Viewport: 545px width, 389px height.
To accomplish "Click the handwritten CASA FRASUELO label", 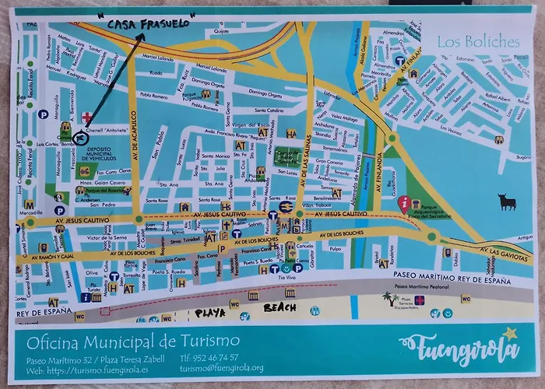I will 149,23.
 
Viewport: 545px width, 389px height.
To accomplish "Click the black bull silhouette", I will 508,203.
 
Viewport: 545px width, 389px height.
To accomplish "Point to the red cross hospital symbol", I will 86,117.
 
